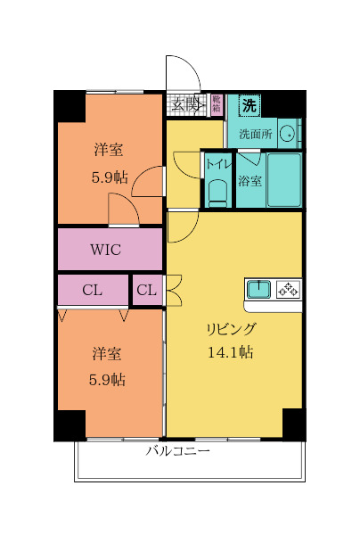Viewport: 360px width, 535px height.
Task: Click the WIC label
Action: click(110, 250)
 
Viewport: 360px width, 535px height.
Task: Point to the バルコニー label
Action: click(178, 451)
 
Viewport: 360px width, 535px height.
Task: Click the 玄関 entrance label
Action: click(187, 104)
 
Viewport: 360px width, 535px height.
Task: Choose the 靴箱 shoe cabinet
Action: click(217, 104)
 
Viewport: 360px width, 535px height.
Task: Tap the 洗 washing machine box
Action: click(250, 104)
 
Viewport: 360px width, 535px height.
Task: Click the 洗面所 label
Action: click(256, 136)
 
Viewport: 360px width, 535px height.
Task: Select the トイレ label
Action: click(218, 164)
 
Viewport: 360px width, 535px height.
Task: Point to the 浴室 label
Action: click(250, 181)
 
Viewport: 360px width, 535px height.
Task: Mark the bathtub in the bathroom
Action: click(284, 181)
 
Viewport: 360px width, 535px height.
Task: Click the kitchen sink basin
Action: click(259, 289)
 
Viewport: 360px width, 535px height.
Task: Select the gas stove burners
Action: click(289, 289)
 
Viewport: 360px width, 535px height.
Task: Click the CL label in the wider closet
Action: click(93, 290)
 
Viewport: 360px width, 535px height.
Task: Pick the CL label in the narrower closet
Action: click(148, 290)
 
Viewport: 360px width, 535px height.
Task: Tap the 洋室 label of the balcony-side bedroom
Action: click(108, 354)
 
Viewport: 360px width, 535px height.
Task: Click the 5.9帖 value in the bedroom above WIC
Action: click(109, 177)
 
